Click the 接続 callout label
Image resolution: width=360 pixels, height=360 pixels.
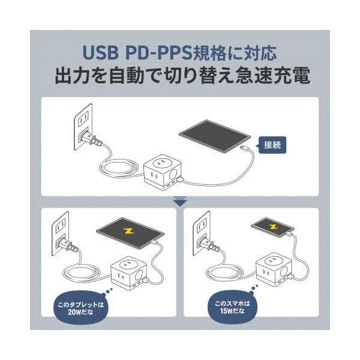pos(272,145)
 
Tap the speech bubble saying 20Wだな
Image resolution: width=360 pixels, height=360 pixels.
pos(81,308)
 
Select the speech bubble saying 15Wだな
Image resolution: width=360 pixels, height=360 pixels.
pos(232,307)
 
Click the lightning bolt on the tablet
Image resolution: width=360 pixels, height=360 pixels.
pos(128,231)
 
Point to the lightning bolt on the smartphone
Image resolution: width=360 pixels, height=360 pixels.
pos(273,227)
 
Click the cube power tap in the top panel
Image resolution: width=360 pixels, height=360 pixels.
pos(163,172)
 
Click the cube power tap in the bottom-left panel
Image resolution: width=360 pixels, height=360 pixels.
pos(129,272)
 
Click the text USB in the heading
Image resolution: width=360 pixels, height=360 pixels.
pos(100,53)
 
